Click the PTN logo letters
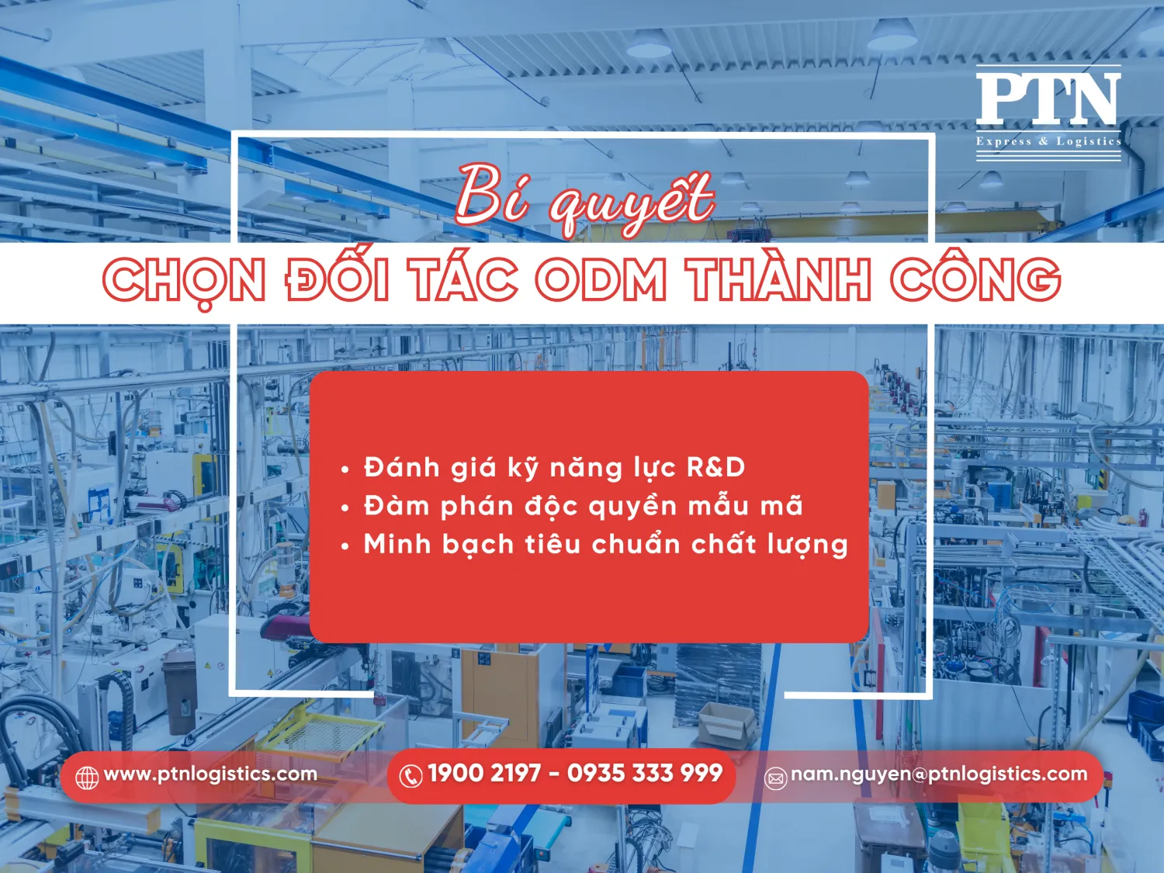click(1048, 99)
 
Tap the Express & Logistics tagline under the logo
click(1048, 141)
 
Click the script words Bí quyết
click(584, 198)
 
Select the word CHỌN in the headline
click(185, 280)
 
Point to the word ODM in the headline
click(601, 280)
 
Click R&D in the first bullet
click(715, 467)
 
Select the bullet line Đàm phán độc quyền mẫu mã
click(583, 506)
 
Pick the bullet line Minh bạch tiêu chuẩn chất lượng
click(605, 545)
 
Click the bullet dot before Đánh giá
click(345, 469)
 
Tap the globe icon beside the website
click(87, 777)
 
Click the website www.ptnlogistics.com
click(210, 774)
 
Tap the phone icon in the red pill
click(411, 775)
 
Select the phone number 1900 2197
click(483, 773)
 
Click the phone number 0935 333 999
click(645, 773)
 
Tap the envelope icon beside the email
click(776, 778)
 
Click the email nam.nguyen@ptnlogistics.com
click(939, 774)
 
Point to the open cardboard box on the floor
click(727, 723)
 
